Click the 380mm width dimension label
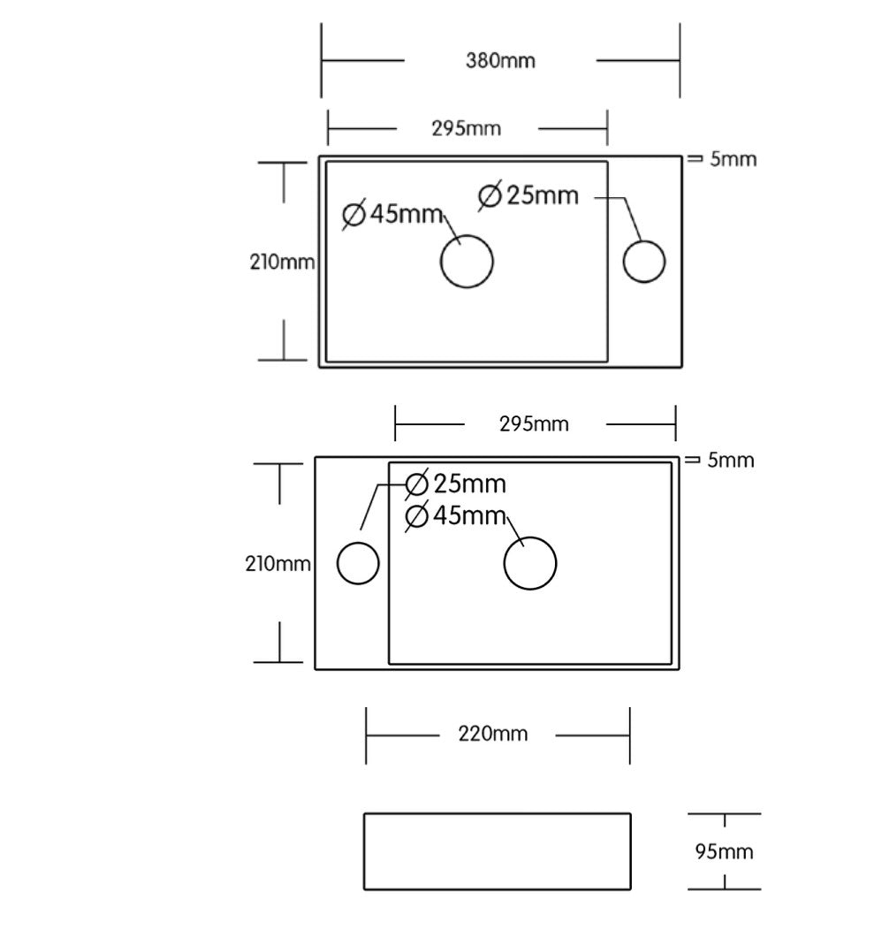[x=500, y=61]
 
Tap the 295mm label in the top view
[x=466, y=128]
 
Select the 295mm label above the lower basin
[x=534, y=424]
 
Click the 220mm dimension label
[x=493, y=734]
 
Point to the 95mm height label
[x=724, y=851]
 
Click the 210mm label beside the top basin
[x=282, y=262]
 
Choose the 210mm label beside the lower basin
[x=278, y=563]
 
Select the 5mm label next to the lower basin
[x=730, y=461]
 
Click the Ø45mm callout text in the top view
[x=392, y=214]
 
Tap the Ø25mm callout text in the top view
[x=528, y=195]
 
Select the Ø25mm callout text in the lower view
[x=455, y=484]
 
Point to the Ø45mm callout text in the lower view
[x=455, y=515]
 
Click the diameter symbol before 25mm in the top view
[x=490, y=196]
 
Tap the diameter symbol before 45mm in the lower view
[x=416, y=516]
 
